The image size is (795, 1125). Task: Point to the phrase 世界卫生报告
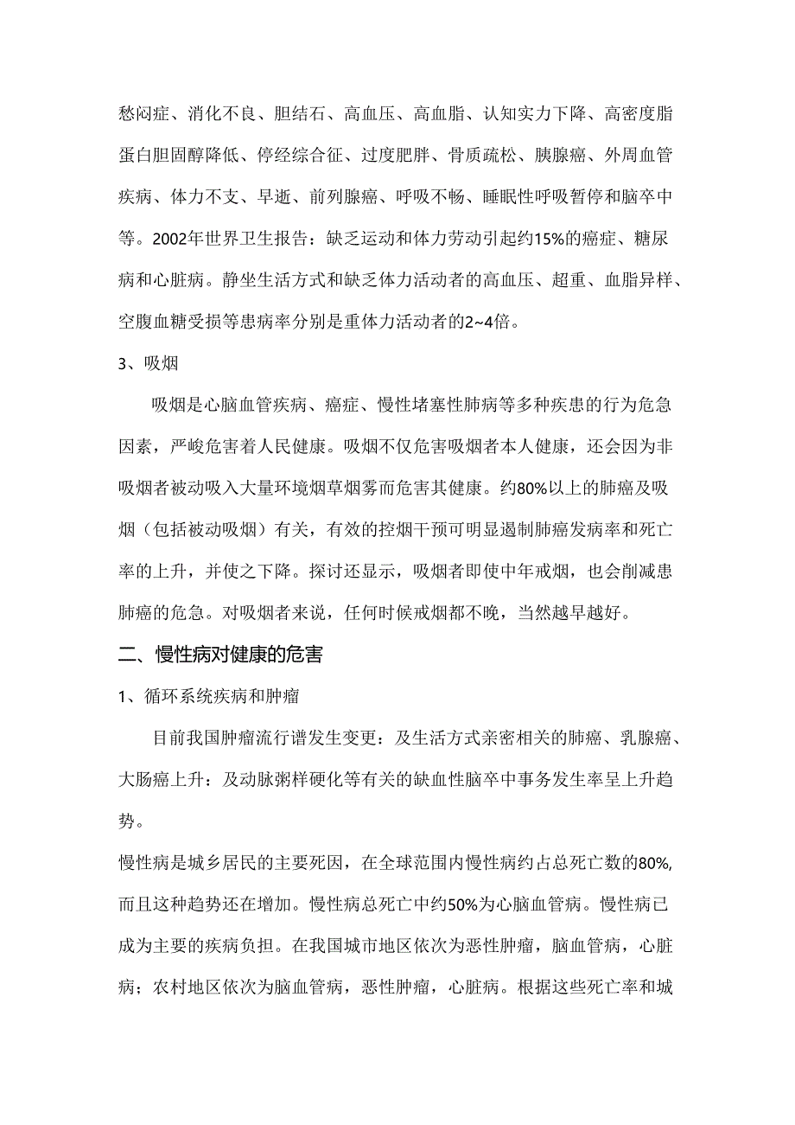coord(261,240)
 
